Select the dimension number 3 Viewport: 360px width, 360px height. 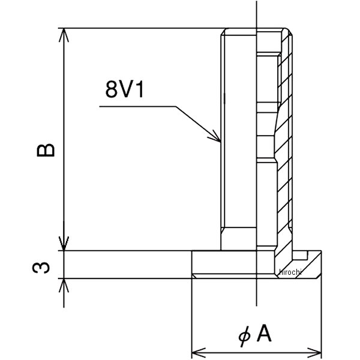pyautogui.click(x=41, y=265)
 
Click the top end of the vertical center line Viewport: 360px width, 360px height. pyautogui.click(x=256, y=3)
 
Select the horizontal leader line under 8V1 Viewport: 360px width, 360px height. pyautogui.click(x=138, y=107)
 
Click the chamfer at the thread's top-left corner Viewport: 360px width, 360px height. pyautogui.click(x=223, y=32)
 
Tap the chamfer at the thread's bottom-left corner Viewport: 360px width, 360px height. pyautogui.click(x=223, y=230)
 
